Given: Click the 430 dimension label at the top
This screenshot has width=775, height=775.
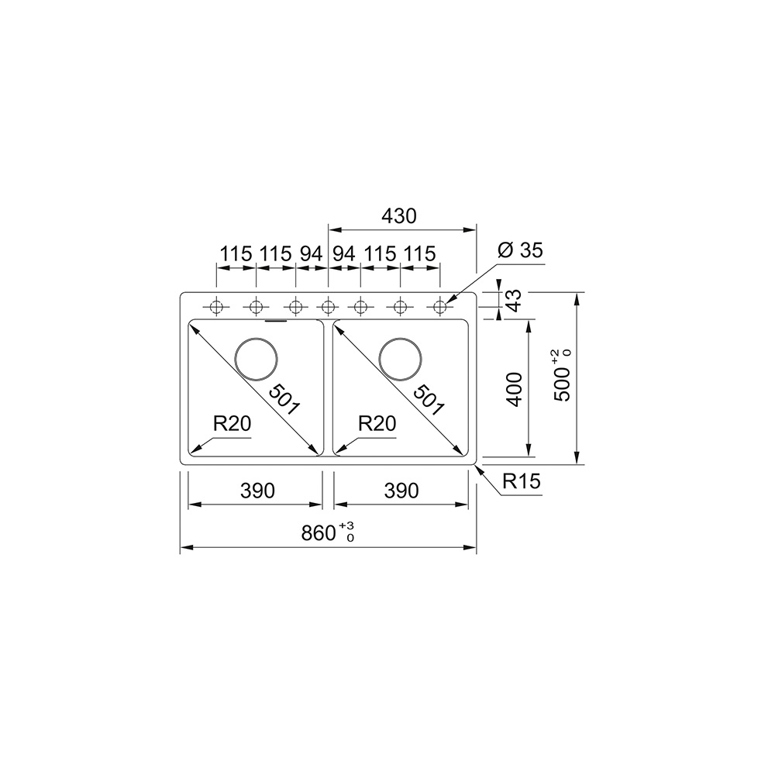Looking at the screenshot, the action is (399, 216).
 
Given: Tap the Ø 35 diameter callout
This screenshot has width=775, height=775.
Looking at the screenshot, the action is (520, 250).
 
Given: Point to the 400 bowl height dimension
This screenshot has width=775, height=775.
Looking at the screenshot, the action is (515, 389).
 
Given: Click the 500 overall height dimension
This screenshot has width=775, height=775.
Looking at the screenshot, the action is (563, 376).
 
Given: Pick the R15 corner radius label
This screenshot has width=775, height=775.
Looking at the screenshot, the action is (522, 481).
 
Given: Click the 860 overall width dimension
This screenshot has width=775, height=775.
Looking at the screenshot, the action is (327, 533).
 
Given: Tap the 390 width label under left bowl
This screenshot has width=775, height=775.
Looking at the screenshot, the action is (257, 491).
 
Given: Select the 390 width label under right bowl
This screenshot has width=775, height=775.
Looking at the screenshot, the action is (401, 491).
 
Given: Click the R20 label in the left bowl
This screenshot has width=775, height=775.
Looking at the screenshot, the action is (232, 423).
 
